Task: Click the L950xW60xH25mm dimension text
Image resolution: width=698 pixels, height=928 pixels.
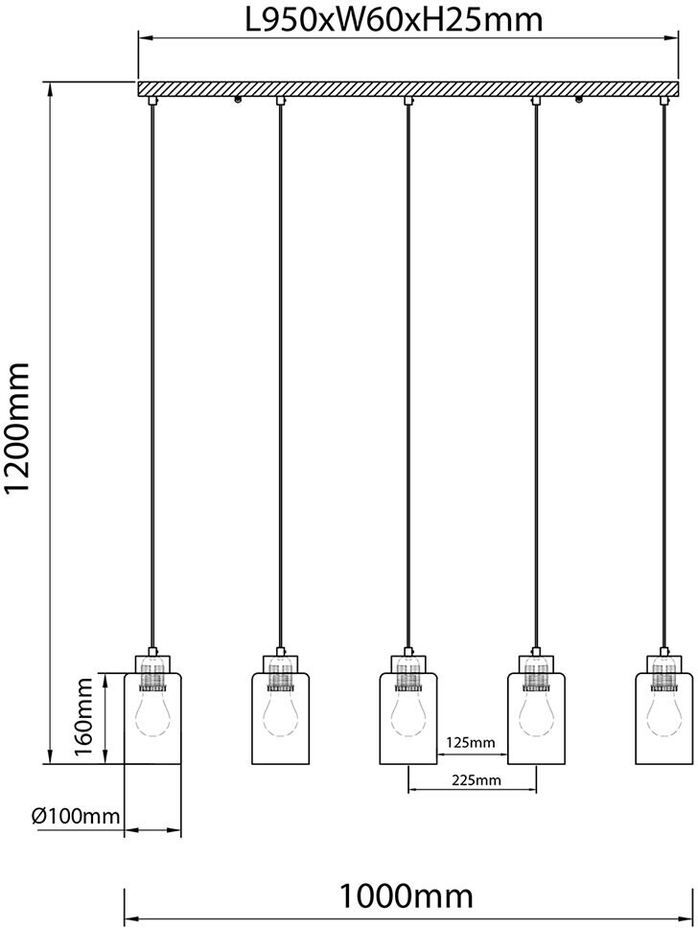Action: coord(394,19)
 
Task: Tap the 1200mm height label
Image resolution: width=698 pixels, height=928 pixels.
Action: coord(16,428)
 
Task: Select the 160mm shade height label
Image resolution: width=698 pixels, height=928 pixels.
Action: coord(83,717)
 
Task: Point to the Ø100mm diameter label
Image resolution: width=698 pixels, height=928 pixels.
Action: coord(75,817)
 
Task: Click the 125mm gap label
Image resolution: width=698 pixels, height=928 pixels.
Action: coord(471,742)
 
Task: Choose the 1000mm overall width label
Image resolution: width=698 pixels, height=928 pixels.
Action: coord(407,896)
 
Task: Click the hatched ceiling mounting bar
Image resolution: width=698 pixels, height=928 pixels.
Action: coord(408,88)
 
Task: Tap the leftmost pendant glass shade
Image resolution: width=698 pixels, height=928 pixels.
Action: coord(152,718)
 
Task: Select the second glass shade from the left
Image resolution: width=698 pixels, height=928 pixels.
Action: coord(281,718)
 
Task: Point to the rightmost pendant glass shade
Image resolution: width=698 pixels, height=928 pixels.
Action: coord(663,718)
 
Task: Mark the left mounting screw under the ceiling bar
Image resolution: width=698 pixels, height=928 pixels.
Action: coord(238,100)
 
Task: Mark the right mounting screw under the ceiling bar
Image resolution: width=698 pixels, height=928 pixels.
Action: coord(578,100)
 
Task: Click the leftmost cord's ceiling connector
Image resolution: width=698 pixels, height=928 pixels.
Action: coord(152,101)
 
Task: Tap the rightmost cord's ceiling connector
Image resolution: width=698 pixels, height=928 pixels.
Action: coord(663,101)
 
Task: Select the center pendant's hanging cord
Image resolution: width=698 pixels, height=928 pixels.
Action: coord(407,376)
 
